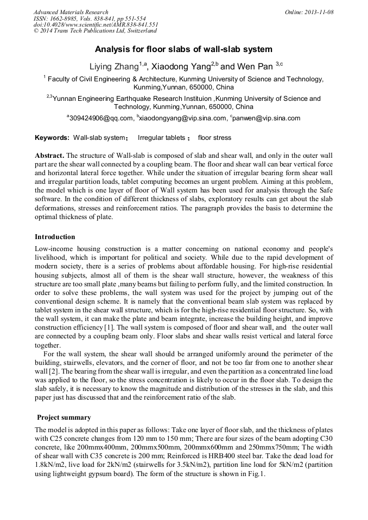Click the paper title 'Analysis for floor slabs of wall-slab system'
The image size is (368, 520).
[x=183, y=49]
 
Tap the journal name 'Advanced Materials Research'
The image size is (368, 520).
[x=71, y=12]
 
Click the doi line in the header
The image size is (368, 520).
[x=96, y=25]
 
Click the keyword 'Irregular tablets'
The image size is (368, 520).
[x=161, y=138]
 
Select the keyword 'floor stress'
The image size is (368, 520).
[x=214, y=138]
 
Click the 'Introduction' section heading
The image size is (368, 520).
[x=55, y=237]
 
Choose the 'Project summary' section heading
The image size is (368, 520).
[x=64, y=418]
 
